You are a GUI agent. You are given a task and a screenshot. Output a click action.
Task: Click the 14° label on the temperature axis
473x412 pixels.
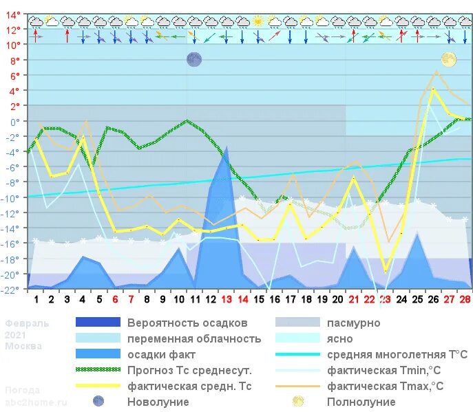click(13, 15)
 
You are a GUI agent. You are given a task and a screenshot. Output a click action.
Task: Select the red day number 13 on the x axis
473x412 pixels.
click(227, 299)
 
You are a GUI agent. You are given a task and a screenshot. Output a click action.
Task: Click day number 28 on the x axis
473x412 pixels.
click(465, 299)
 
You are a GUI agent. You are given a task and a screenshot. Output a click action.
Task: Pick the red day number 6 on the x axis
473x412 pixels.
click(115, 299)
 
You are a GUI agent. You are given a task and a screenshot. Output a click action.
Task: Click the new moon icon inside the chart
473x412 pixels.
click(194, 60)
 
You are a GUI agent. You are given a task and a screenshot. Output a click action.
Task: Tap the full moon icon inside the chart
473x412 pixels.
click(449, 60)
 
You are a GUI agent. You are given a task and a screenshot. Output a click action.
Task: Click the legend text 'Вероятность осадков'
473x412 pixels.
click(187, 323)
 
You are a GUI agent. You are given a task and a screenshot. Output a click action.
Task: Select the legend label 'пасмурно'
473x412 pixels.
click(353, 323)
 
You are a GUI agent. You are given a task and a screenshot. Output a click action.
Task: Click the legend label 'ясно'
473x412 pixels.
click(340, 338)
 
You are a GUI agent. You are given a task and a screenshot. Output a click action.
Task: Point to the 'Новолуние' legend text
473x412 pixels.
click(158, 402)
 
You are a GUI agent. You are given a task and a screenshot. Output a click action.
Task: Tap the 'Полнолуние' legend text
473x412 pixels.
click(361, 402)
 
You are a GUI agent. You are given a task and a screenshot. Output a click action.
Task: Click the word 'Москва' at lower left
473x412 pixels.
click(23, 346)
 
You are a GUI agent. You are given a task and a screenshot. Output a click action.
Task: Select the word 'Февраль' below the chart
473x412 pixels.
click(28, 323)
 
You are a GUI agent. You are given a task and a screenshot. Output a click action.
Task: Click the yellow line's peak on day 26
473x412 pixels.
click(433, 88)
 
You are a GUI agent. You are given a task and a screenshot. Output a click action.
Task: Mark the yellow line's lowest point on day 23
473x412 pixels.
click(386, 272)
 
